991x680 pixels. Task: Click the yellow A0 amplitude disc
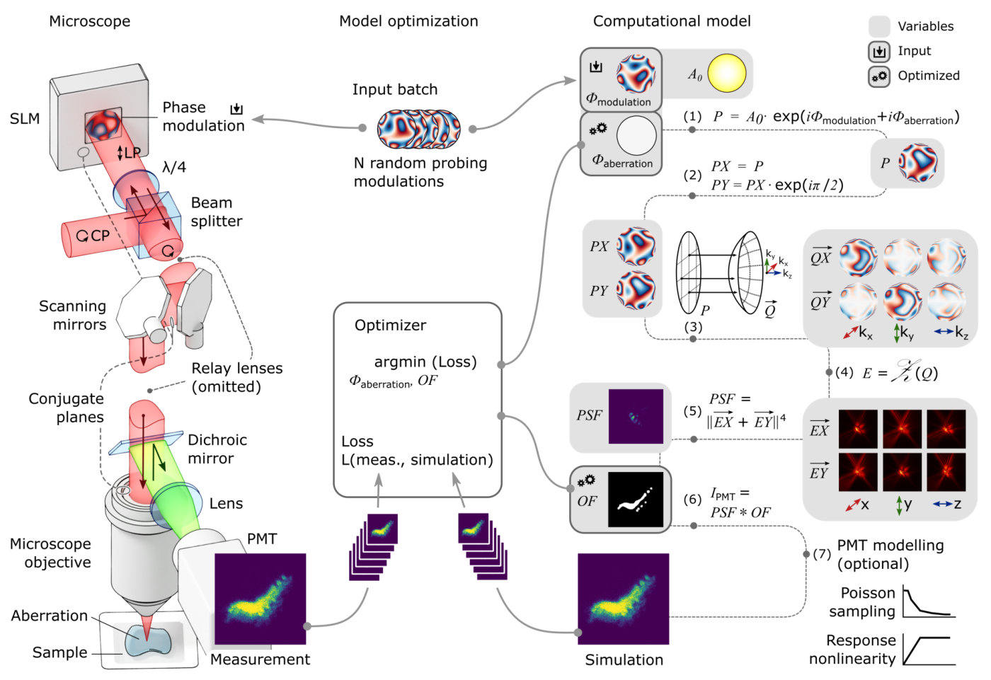tap(727, 74)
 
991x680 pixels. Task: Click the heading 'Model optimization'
tap(408, 21)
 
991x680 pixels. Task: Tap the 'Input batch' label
tap(395, 90)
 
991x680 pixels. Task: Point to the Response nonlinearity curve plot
tap(928, 649)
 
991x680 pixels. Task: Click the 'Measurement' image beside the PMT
tap(260, 599)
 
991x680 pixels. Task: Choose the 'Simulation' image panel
tap(623, 599)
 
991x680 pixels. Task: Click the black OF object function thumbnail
tap(636, 500)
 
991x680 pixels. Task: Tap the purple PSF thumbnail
tap(636, 417)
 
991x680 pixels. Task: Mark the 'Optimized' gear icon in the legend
tap(879, 76)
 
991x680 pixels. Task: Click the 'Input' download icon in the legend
tap(879, 52)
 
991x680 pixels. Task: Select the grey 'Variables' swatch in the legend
tap(879, 27)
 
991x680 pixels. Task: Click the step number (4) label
tap(844, 372)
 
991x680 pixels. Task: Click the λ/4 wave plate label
tap(174, 168)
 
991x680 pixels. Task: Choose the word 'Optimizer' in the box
tap(390, 325)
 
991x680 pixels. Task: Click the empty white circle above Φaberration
tap(636, 135)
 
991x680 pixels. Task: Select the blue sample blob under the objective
tap(148, 640)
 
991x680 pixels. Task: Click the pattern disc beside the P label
tap(918, 163)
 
